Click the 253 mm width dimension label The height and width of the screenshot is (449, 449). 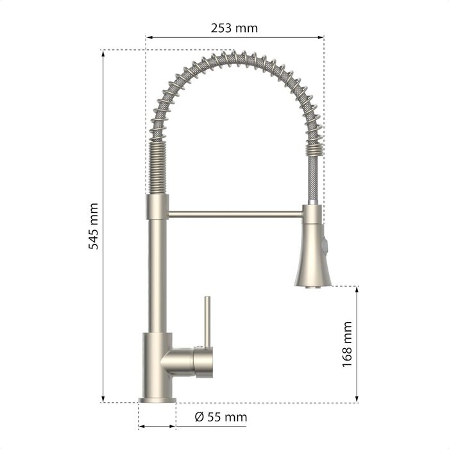pyautogui.click(x=234, y=28)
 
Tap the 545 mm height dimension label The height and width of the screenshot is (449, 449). pyautogui.click(x=94, y=226)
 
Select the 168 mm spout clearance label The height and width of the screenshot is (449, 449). pyautogui.click(x=347, y=344)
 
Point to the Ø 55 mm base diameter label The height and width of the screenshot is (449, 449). pyautogui.click(x=221, y=417)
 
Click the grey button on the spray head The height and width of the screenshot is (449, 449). pyautogui.click(x=325, y=245)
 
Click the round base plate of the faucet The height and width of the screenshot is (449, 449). pyautogui.click(x=157, y=400)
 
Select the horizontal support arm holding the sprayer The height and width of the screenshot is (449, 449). pyautogui.click(x=235, y=214)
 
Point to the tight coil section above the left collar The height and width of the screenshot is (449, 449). pyautogui.click(x=158, y=168)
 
